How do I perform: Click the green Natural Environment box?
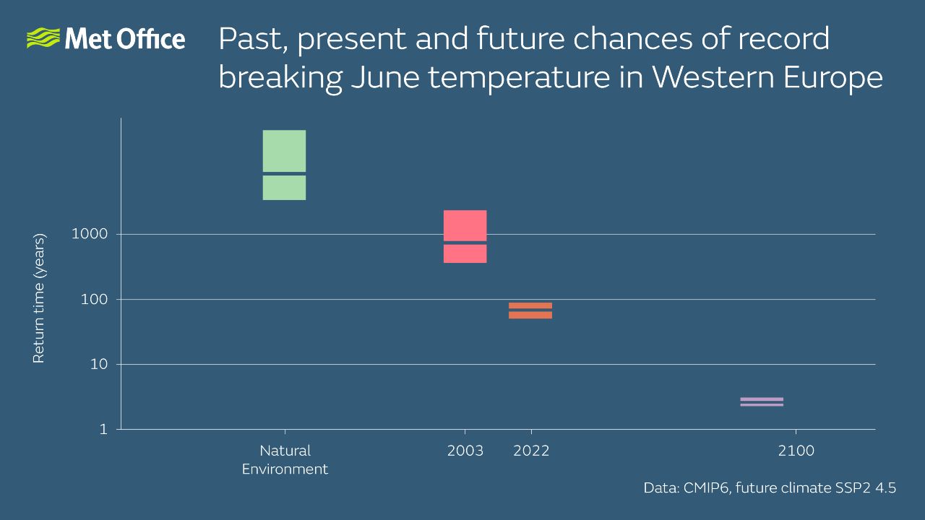point(284,165)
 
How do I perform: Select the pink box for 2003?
point(465,236)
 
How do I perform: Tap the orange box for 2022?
point(530,310)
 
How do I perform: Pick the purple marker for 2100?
point(762,402)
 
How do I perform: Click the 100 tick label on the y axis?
point(95,299)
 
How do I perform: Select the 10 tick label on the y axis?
point(99,364)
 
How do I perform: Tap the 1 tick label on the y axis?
point(103,429)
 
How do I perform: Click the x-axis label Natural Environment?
point(285,460)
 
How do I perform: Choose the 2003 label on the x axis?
point(465,451)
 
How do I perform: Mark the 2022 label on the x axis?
point(531,451)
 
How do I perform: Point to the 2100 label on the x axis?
point(796,451)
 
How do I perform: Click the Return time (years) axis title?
point(39,298)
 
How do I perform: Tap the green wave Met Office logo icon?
point(43,38)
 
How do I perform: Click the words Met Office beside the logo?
point(124,39)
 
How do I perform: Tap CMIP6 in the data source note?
point(705,488)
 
